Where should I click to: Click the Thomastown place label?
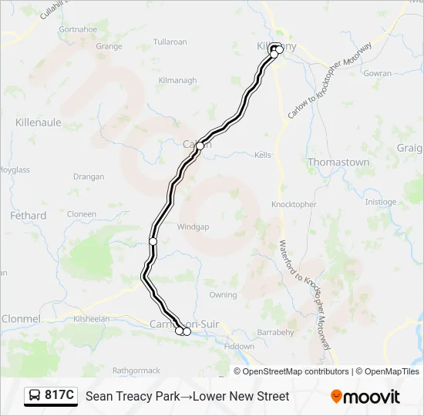point(338,163)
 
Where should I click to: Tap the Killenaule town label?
point(38,122)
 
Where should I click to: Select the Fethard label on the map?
point(28,216)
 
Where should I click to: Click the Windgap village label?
point(193,227)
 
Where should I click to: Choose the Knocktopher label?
point(294,204)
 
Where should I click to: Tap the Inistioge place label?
point(380,202)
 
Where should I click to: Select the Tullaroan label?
point(170,41)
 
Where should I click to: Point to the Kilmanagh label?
point(177,80)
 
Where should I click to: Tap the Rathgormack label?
point(136,371)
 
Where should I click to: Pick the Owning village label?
point(223,295)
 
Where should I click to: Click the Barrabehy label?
point(276,333)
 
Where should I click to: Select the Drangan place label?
point(89,176)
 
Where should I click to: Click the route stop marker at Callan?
point(200,146)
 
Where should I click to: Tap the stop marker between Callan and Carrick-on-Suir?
point(153,241)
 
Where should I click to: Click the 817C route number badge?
point(52,396)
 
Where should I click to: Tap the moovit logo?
point(365,396)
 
